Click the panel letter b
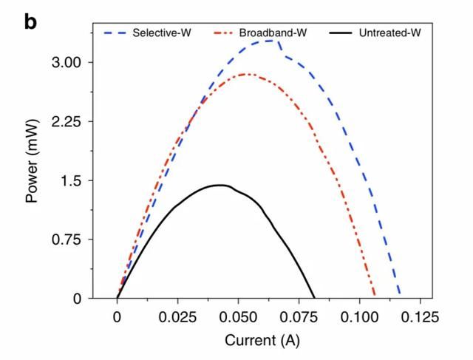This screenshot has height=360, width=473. (30, 22)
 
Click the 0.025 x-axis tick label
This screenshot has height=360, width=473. (178, 317)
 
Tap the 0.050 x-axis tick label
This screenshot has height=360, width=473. (239, 317)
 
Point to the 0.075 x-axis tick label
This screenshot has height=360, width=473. (299, 317)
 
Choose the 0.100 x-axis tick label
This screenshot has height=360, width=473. (360, 317)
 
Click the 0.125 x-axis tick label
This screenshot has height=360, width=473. (421, 317)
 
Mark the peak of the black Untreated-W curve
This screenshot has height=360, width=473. (220, 185)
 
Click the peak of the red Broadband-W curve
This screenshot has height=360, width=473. (246, 74)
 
